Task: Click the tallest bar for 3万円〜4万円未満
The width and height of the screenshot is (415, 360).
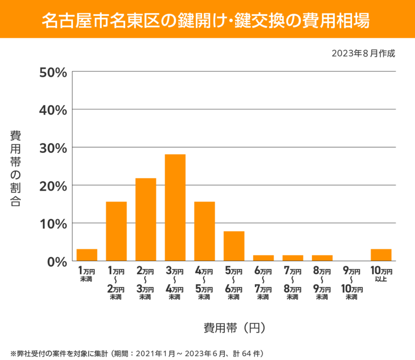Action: pos(175,208)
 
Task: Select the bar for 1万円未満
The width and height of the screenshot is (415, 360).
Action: pos(87,255)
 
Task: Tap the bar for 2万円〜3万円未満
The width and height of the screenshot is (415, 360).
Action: pos(146,220)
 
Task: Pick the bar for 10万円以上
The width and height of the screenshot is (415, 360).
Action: pos(381,255)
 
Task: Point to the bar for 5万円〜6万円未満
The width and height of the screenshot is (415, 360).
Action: pos(234,246)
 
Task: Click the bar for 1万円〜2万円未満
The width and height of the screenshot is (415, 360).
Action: pos(116,231)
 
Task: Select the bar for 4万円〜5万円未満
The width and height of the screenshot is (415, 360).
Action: pos(205,231)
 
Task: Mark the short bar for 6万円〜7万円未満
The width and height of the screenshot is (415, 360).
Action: pos(263,258)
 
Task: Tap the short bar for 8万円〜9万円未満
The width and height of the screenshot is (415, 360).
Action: pos(322,258)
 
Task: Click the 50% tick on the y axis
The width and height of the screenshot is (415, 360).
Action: pos(52,72)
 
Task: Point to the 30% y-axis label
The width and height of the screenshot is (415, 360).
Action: pos(52,148)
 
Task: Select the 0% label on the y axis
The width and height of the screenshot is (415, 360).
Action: pos(56,261)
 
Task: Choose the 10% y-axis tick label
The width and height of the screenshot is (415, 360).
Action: pos(52,224)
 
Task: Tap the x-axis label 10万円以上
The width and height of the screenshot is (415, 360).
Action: pos(381,274)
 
